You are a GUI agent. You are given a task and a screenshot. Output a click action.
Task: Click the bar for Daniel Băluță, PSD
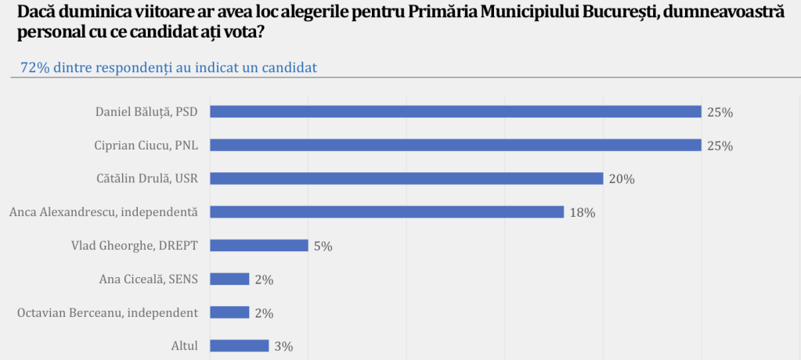pos(456,112)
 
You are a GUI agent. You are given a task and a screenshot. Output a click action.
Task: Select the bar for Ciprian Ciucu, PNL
pos(456,146)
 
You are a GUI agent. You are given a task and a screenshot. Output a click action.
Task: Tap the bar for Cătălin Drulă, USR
pos(407,178)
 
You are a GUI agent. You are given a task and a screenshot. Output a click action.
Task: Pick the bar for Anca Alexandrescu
pos(388,212)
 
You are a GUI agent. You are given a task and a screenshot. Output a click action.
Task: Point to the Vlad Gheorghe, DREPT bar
pos(259,246)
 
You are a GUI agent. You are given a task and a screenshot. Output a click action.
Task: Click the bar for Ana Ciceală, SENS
pos(230,279)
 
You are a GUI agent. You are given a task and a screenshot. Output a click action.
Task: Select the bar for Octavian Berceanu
pos(230,312)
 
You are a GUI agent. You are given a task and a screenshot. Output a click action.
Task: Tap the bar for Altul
pos(240,346)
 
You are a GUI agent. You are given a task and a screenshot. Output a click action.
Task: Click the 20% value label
pos(622,179)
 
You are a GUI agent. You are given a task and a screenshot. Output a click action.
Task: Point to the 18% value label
pos(583,212)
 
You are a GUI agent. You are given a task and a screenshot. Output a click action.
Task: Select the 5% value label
pos(323,246)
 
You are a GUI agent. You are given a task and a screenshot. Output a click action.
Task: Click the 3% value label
pos(284,346)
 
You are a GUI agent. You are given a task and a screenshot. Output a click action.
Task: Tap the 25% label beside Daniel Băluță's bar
pos(720,112)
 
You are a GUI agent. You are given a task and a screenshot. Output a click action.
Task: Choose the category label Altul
pos(185,346)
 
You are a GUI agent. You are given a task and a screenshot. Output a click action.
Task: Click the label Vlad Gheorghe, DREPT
pos(135,246)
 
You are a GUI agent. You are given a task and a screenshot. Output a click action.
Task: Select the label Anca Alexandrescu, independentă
pos(103,212)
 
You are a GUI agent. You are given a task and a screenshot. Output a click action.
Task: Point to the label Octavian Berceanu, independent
pos(107,312)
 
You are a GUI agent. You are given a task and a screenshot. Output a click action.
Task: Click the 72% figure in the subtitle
pos(35,68)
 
